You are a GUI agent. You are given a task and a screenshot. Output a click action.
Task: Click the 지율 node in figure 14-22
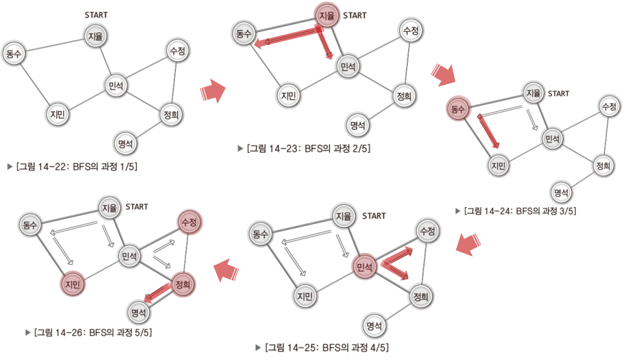click(x=94, y=36)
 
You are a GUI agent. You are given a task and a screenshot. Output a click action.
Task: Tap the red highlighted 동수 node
click(x=458, y=108)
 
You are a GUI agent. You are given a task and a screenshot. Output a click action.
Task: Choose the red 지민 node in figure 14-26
click(x=73, y=284)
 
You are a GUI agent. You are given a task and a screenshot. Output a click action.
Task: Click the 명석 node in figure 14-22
click(x=126, y=144)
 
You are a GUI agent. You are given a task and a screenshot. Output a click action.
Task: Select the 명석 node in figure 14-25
click(x=375, y=325)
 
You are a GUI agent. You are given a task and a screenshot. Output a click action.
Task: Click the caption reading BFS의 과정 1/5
click(x=81, y=167)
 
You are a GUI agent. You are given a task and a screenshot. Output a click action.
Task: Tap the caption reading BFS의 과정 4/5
click(x=330, y=347)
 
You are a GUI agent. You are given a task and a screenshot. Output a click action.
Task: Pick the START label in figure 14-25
click(x=374, y=216)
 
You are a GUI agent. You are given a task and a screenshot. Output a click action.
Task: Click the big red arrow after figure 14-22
click(x=212, y=91)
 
